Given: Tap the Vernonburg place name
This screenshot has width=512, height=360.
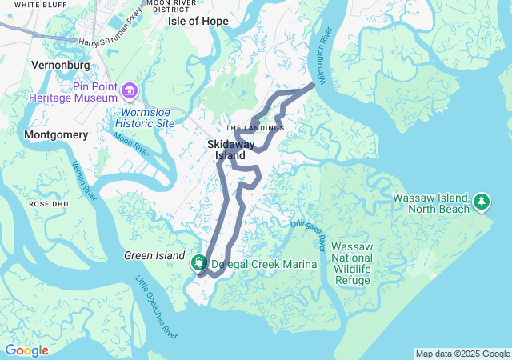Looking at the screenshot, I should [x=58, y=62].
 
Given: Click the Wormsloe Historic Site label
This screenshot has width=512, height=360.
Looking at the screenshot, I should [x=145, y=118].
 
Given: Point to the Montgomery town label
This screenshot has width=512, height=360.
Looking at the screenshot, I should [x=56, y=135].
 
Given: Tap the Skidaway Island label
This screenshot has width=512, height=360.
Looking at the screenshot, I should [x=230, y=150].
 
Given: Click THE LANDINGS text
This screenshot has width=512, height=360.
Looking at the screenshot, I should [x=254, y=128].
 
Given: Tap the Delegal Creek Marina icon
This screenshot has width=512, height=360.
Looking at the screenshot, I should [x=198, y=263].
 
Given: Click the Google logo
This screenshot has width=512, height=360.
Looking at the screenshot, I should [x=27, y=350].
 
